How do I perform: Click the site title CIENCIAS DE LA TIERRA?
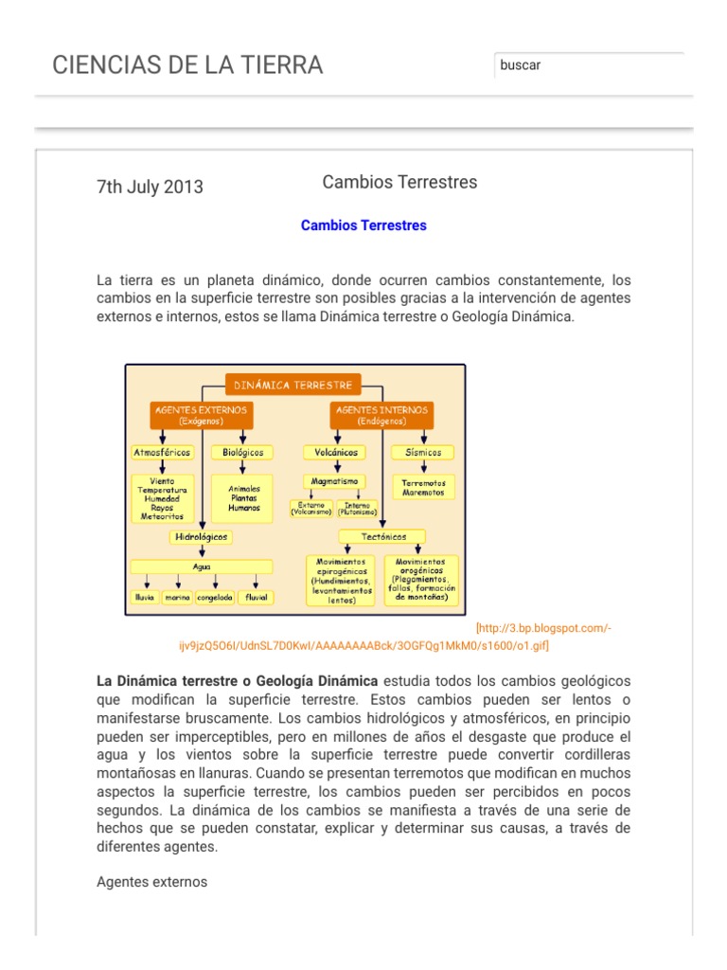point(187,65)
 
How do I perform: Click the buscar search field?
point(588,65)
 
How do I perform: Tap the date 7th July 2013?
point(150,187)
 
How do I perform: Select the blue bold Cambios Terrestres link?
point(363,225)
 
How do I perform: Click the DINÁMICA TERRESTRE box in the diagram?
point(293,386)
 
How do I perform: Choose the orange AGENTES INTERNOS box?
point(382,415)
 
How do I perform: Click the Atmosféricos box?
point(162,453)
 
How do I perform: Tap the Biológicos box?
point(242,453)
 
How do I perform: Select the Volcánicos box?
point(330,453)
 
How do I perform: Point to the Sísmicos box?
point(422,453)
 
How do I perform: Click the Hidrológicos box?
point(201,537)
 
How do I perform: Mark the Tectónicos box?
point(384,537)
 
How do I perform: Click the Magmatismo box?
point(331,481)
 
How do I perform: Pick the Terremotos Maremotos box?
point(423,487)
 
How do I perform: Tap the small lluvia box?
point(144,598)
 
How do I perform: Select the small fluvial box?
point(257,598)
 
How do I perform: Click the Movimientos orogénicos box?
point(422,580)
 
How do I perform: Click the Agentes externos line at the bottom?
point(151,882)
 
